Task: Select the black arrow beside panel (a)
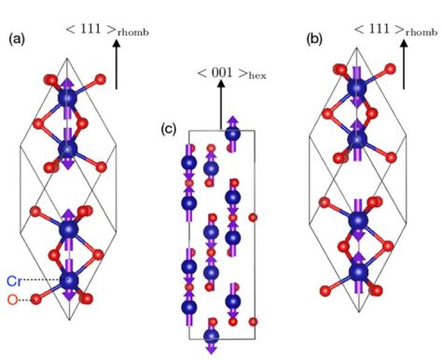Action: pos(116,68)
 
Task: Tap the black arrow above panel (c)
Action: pos(221,108)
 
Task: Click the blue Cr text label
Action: pos(15,281)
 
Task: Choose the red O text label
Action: pos(12,300)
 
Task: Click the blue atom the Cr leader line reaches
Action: pos(69,281)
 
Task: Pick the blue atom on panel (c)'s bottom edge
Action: pos(212,335)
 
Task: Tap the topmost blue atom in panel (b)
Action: pos(356,90)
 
